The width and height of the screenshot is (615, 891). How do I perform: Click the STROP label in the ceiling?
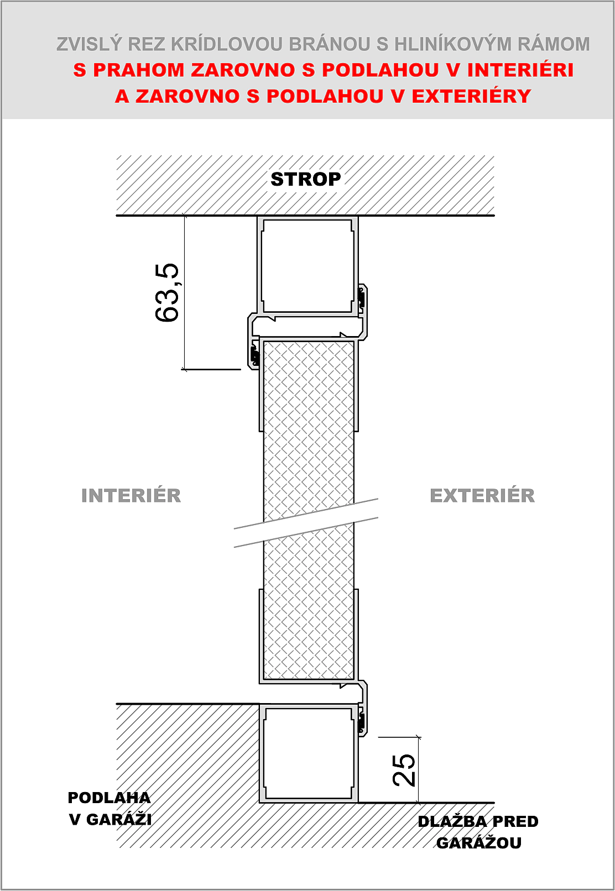coord(306,180)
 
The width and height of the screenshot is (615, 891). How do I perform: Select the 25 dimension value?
coord(404,771)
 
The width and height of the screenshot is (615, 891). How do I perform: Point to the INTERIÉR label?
coord(131,496)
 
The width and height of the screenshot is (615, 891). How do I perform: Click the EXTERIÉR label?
coord(482,496)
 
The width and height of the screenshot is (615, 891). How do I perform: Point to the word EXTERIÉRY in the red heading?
coord(472,96)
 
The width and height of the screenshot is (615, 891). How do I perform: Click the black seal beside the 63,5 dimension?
coord(253,355)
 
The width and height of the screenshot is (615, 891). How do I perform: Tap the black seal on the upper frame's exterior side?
coord(362,296)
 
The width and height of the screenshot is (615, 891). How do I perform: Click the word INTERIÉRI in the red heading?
coord(520,70)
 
